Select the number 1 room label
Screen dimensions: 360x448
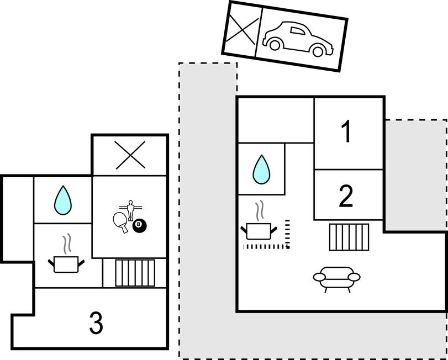point(346,133)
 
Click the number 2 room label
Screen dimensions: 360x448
point(346,197)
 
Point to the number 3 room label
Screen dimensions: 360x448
point(96,324)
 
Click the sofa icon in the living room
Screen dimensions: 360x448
point(336,277)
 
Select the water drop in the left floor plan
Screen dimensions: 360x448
point(62,200)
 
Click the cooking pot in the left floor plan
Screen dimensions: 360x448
point(67,264)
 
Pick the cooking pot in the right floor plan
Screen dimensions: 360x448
point(259,231)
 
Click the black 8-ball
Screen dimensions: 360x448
point(139,225)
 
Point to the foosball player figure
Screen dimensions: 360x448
point(131,209)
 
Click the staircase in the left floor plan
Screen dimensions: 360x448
point(135,273)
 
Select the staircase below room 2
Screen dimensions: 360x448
point(349,237)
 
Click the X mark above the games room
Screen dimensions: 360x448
point(129,155)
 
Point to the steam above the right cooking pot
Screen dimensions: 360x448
point(260,211)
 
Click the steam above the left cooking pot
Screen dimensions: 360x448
point(67,243)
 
